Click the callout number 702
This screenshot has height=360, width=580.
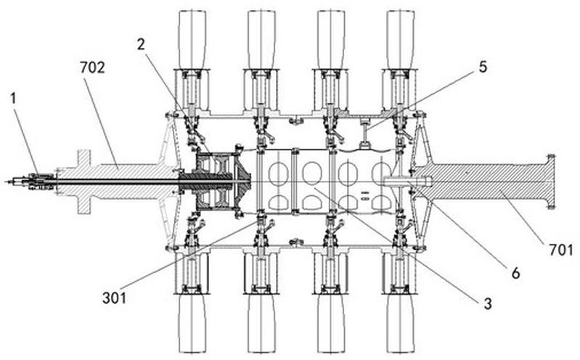(x=92, y=68)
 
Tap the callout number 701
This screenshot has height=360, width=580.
(x=561, y=250)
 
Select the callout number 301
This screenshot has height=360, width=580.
(x=114, y=298)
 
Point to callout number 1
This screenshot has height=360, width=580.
(x=14, y=99)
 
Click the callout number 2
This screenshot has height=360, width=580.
(x=141, y=45)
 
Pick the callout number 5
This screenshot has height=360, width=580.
(x=483, y=67)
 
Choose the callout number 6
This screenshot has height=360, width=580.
(x=515, y=273)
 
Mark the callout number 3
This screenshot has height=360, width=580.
(x=488, y=303)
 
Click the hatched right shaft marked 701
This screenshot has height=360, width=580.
(x=481, y=181)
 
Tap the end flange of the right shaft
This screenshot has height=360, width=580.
(x=550, y=181)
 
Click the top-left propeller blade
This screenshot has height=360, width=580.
(x=192, y=40)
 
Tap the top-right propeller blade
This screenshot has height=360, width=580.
(x=400, y=40)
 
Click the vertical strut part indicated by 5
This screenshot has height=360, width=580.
(x=364, y=132)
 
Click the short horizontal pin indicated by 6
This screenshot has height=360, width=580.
(x=408, y=181)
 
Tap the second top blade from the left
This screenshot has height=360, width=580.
(x=261, y=40)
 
